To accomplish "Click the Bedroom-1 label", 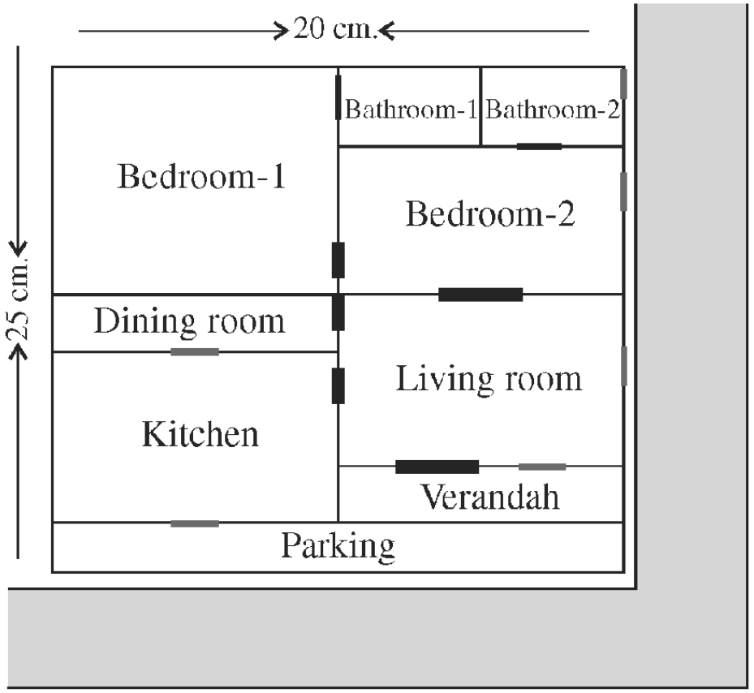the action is pyautogui.click(x=201, y=177).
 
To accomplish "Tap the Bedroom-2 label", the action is pyautogui.click(x=490, y=213).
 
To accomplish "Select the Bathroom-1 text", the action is pyautogui.click(x=411, y=110).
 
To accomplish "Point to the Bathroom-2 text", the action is pyautogui.click(x=553, y=110).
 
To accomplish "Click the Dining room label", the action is pyautogui.click(x=189, y=321).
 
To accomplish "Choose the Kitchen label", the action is pyautogui.click(x=200, y=434).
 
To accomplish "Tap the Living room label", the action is pyautogui.click(x=489, y=380).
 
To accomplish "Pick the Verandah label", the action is pyautogui.click(x=490, y=497).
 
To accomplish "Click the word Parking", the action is pyautogui.click(x=338, y=546).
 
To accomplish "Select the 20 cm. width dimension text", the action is pyautogui.click(x=333, y=30).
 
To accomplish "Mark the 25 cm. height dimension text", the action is pyautogui.click(x=19, y=300).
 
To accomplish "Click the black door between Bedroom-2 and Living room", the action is pyautogui.click(x=480, y=295).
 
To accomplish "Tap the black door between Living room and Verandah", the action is pyautogui.click(x=437, y=467).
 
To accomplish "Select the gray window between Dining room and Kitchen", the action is pyautogui.click(x=195, y=352).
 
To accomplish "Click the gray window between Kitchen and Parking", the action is pyautogui.click(x=195, y=523).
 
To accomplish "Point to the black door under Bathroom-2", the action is pyautogui.click(x=539, y=146).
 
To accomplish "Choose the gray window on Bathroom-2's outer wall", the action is pyautogui.click(x=623, y=84).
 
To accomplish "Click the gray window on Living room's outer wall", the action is pyautogui.click(x=623, y=366).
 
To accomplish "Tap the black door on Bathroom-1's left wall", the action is pyautogui.click(x=338, y=97).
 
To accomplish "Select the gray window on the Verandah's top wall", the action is pyautogui.click(x=542, y=467).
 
